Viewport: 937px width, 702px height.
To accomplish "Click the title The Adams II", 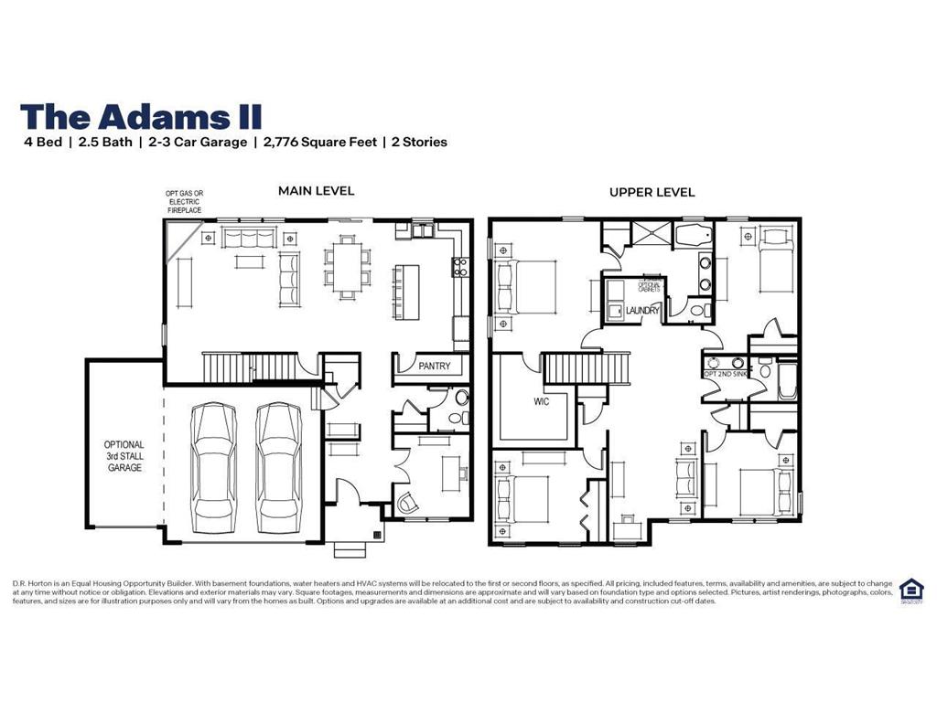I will point(141,116).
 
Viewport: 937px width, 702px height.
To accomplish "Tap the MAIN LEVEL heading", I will point(316,191).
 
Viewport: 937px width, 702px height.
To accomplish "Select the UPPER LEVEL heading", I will point(652,192).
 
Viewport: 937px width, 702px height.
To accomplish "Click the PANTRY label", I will point(434,367).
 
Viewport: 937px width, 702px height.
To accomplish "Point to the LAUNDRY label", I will point(642,311).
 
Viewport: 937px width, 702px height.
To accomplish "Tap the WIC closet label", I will point(542,401).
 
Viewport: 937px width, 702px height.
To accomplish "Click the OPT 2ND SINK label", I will point(724,373).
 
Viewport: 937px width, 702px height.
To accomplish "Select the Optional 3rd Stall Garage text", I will point(124,456).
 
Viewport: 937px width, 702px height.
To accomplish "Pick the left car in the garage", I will point(214,468).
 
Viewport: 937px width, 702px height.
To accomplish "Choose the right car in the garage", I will point(279,468).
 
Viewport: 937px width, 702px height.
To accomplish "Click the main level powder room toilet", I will point(460,399).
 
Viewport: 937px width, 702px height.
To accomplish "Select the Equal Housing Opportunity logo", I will point(910,590).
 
